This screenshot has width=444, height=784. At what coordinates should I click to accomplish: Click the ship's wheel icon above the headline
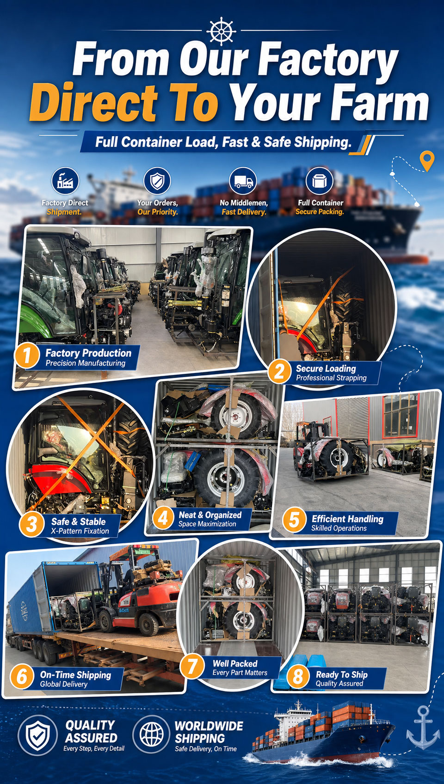click(x=221, y=31)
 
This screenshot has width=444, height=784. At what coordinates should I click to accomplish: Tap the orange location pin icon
click(x=427, y=161)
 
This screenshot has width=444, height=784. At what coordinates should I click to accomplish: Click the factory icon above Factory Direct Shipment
click(x=65, y=181)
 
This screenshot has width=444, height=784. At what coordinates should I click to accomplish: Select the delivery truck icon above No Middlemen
click(x=243, y=181)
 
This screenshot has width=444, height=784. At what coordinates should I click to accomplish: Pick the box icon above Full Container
click(x=320, y=181)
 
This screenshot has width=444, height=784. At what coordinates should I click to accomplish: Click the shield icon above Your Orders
click(x=157, y=181)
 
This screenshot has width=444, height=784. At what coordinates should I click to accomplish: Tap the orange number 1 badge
click(x=26, y=355)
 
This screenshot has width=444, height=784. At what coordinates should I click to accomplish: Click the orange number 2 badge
click(x=279, y=372)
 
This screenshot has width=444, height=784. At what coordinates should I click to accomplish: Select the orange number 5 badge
click(x=294, y=520)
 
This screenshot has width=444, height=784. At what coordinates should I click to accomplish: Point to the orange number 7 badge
click(x=192, y=666)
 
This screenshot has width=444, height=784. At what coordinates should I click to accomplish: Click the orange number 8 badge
click(x=298, y=676)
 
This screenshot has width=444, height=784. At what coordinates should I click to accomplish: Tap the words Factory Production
click(x=88, y=353)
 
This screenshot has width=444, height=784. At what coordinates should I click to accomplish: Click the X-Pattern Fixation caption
click(x=80, y=531)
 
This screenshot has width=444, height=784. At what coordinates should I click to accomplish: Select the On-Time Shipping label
click(x=75, y=675)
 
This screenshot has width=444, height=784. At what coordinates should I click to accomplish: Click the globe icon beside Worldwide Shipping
click(x=152, y=734)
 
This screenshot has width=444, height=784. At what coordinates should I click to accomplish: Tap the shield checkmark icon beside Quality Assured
click(x=38, y=735)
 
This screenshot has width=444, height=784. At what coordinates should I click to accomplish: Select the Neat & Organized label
click(x=210, y=515)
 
